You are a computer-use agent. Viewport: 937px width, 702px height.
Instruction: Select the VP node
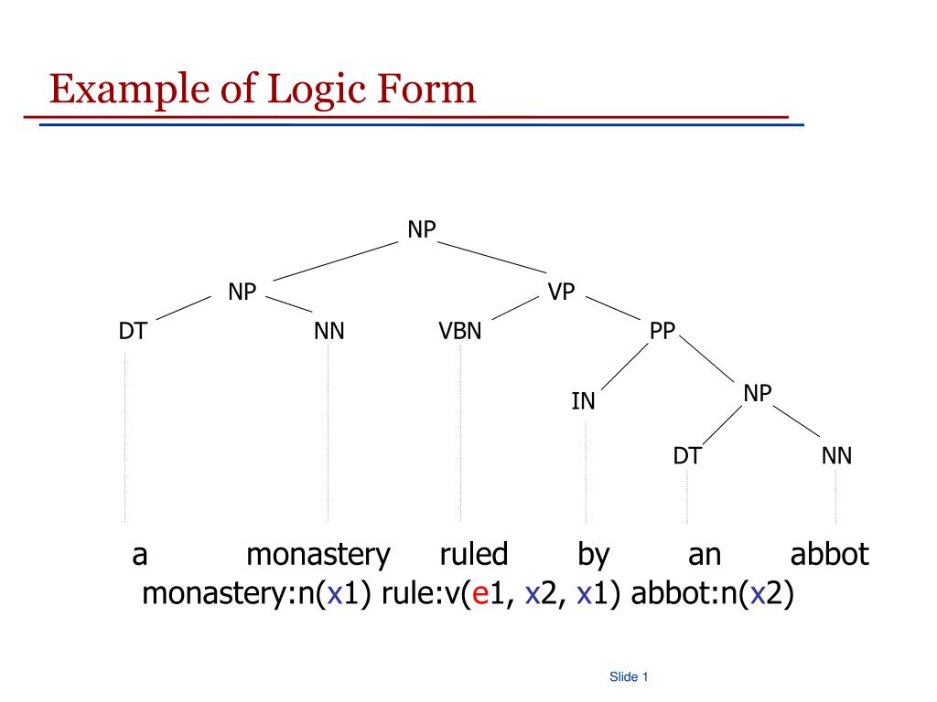(561, 292)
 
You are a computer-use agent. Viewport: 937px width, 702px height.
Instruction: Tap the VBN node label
(459, 331)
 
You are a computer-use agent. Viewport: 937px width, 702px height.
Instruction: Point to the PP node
(662, 331)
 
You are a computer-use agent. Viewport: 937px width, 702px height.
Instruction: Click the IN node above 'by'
(584, 401)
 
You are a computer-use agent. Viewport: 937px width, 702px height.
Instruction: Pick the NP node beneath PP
(758, 393)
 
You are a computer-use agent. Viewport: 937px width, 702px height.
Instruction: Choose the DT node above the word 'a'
(133, 331)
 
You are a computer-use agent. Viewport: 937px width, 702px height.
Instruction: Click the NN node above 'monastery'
(328, 331)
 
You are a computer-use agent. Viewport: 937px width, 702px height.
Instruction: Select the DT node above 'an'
(687, 455)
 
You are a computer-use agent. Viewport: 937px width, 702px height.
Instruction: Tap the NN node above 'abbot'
(836, 455)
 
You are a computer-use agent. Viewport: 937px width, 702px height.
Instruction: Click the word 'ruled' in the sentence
(473, 554)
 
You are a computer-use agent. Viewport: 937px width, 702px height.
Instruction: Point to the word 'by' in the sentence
(593, 555)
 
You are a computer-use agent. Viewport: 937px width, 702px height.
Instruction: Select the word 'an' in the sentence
(705, 555)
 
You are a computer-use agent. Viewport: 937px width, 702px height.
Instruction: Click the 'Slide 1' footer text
(629, 677)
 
